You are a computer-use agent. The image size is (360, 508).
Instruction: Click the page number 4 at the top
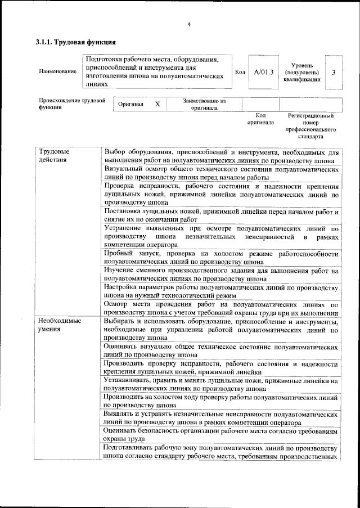[189, 24]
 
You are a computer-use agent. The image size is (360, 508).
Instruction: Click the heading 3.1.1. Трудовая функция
[76, 42]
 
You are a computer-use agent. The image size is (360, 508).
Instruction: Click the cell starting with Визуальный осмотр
[221, 173]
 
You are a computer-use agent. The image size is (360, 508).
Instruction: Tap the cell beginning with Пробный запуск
[221, 258]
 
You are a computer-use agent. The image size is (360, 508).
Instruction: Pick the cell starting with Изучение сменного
[221, 275]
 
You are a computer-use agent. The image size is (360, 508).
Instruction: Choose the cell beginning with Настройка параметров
[221, 291]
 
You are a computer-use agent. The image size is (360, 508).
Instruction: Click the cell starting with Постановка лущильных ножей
[221, 215]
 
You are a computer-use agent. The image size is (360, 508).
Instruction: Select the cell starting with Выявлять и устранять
[221, 418]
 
